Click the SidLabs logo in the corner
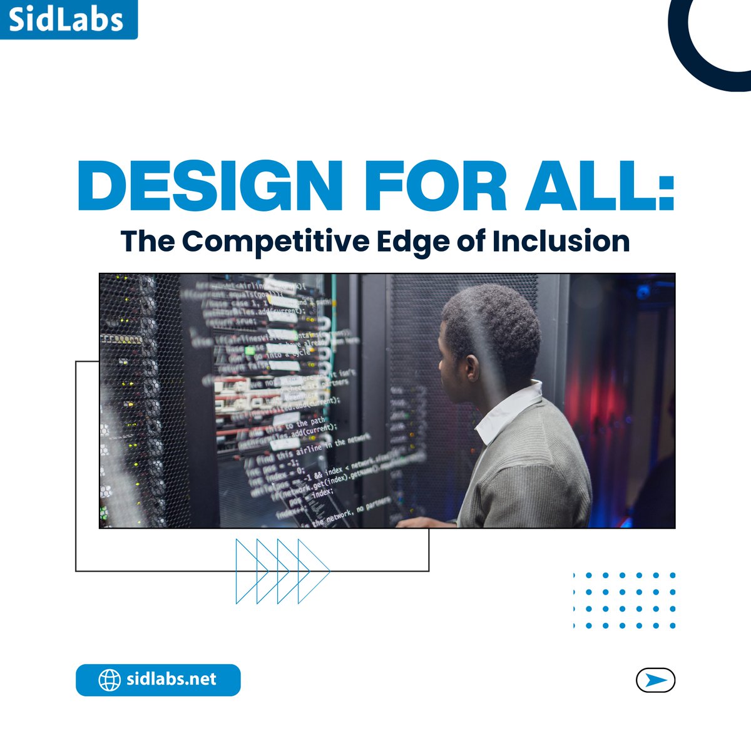(x=67, y=19)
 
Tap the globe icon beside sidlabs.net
(x=110, y=680)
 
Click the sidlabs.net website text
(x=171, y=680)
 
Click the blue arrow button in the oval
(x=655, y=680)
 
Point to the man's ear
(x=471, y=368)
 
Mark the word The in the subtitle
(x=143, y=242)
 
